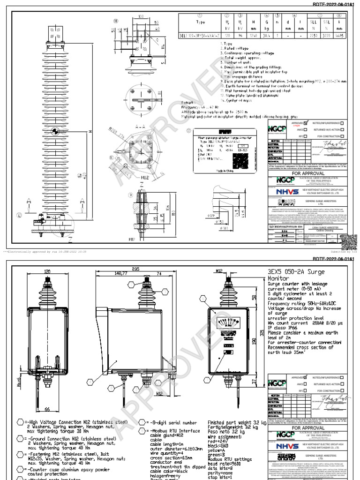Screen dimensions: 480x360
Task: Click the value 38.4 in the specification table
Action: click(x=267, y=35)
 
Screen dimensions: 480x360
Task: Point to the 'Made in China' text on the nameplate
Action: click(x=225, y=171)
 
